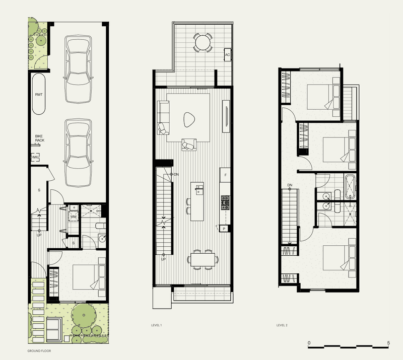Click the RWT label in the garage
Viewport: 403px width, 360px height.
39,95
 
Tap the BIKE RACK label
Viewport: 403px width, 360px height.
40,138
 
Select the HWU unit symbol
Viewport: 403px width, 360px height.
35,157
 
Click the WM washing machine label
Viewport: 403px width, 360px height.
74,217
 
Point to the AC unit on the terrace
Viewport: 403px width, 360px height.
227,55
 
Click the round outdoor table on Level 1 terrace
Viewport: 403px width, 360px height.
203,42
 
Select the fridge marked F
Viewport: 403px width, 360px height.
225,175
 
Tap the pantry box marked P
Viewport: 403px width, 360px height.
224,229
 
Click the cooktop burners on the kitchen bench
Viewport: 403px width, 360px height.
225,202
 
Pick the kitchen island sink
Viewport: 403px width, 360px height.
199,190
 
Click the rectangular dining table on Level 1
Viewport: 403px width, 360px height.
203,260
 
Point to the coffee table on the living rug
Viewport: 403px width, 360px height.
189,119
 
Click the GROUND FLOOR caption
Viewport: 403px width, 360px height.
39,351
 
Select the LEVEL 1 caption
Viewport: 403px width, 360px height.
157,325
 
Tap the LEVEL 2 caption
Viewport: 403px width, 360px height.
282,325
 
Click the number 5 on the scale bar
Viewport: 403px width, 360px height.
388,343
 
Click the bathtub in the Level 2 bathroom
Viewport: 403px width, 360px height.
350,187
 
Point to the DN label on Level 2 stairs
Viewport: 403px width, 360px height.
290,185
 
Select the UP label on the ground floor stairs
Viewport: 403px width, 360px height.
39,235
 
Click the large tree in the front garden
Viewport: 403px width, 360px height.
84,315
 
